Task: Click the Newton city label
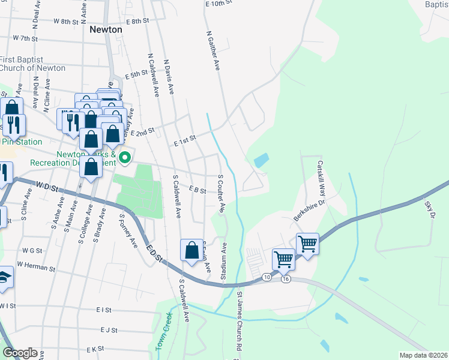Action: coord(106,29)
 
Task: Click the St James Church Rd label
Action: coord(239,322)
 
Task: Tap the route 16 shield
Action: coord(285,280)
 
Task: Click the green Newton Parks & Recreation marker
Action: coord(125,158)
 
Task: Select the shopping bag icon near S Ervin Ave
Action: coord(191,251)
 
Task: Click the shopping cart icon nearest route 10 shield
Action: coord(283,259)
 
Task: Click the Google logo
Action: coord(19,353)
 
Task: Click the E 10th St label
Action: coord(218,4)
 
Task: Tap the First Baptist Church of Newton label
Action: coord(32,64)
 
